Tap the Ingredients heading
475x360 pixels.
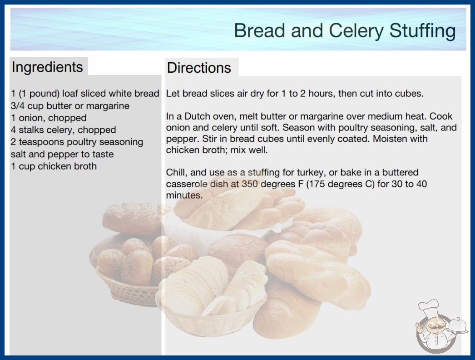click(x=47, y=67)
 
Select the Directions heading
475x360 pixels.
click(x=199, y=68)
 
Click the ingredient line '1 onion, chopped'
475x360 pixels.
click(x=49, y=118)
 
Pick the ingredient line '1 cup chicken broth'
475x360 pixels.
click(x=54, y=166)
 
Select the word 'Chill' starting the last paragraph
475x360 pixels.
click(x=176, y=173)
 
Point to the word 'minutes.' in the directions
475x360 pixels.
click(x=184, y=195)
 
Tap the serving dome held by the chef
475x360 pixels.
click(x=458, y=325)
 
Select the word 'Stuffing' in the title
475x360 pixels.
click(x=422, y=31)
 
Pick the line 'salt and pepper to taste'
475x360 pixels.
click(x=62, y=155)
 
